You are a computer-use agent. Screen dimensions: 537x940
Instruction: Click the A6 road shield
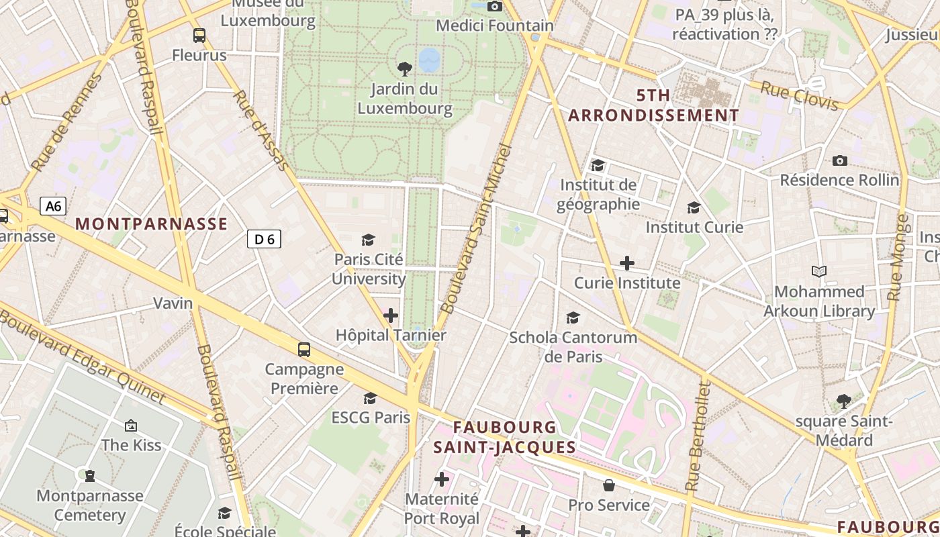[53, 205]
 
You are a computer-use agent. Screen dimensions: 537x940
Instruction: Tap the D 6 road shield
[264, 238]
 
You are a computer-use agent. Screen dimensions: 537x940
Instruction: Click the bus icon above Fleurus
[199, 36]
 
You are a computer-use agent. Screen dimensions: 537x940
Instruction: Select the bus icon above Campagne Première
[304, 349]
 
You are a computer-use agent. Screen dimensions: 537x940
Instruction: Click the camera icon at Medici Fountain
[495, 6]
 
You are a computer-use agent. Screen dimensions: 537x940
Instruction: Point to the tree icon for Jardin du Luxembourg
[404, 68]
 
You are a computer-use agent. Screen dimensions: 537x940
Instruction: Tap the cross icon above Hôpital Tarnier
[390, 315]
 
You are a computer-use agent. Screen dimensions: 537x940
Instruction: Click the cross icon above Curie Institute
[626, 263]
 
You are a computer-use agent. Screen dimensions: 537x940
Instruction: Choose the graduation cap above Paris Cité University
[368, 240]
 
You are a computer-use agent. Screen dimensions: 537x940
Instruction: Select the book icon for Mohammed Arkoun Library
[818, 271]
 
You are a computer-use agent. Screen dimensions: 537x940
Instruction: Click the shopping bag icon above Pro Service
[608, 485]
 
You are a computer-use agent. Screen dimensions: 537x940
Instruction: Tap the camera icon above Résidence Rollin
[839, 160]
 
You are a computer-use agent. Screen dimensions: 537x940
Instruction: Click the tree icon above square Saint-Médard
[843, 401]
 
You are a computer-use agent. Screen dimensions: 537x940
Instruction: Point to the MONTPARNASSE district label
[151, 224]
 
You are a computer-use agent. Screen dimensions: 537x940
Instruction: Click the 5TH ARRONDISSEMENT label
[653, 105]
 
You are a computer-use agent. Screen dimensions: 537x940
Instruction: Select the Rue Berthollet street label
[697, 436]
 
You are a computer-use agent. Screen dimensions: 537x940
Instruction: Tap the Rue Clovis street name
[799, 95]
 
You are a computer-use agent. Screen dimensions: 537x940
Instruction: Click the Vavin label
[173, 303]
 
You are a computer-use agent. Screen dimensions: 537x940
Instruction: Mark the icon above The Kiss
[131, 425]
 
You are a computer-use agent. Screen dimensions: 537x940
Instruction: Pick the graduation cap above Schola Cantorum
[573, 318]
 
